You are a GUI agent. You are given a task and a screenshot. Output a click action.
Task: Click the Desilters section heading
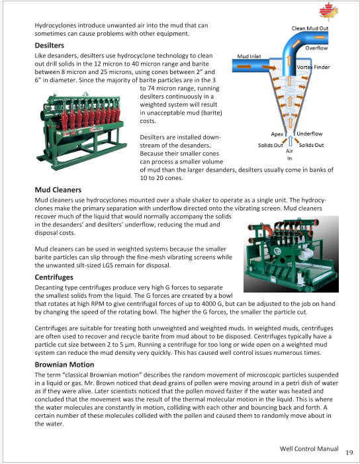click(x=50, y=45)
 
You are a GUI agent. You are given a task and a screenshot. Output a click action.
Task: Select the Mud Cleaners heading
click(x=58, y=190)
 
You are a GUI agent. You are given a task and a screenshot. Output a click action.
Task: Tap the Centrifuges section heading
click(x=54, y=277)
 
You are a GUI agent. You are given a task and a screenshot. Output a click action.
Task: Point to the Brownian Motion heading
click(x=64, y=365)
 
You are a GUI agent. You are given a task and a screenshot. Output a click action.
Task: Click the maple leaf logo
click(x=328, y=12)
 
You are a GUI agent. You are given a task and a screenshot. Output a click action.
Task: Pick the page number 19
click(x=349, y=453)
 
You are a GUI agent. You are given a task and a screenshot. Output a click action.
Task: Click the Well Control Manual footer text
click(x=309, y=449)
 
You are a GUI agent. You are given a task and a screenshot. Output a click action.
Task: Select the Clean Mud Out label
click(x=310, y=28)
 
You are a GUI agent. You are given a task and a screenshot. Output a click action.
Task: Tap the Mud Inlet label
click(x=249, y=56)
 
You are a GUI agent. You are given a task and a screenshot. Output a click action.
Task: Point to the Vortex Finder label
click(x=313, y=67)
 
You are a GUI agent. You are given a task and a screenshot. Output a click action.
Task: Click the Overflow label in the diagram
click(x=316, y=48)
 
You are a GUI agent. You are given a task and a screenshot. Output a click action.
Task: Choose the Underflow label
click(x=310, y=134)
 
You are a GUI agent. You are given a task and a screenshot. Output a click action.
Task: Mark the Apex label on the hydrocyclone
click(x=277, y=134)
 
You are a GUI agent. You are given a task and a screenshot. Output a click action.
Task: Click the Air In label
click(x=289, y=154)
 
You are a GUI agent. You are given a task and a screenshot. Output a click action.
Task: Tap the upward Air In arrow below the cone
click(x=291, y=141)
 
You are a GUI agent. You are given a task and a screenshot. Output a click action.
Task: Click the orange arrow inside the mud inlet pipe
click(x=244, y=66)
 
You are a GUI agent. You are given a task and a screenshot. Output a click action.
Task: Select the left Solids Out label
click(x=271, y=146)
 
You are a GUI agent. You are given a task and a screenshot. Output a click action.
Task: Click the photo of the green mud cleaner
click(x=291, y=254)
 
